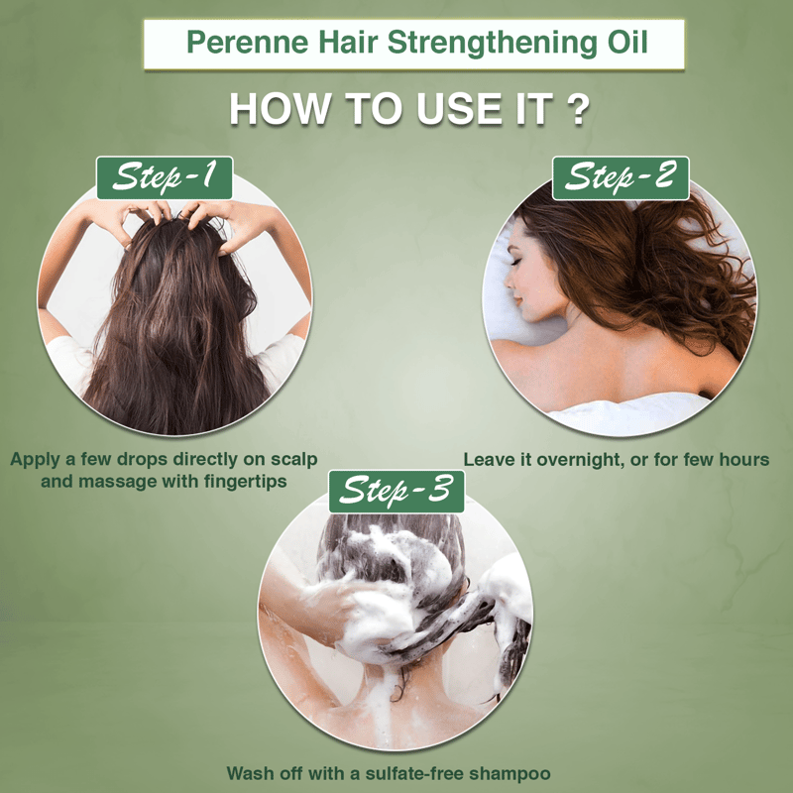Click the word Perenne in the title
pos(247,42)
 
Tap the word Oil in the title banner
pos(627,42)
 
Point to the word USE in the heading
pos(460,109)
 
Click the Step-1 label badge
pos(165,177)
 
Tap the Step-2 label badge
pos(621,177)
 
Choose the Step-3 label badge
pos(396,492)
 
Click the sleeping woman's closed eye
pos(515,262)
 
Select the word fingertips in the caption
pos(245,482)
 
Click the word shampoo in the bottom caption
pos(510,774)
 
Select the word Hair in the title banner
pos(348,42)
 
